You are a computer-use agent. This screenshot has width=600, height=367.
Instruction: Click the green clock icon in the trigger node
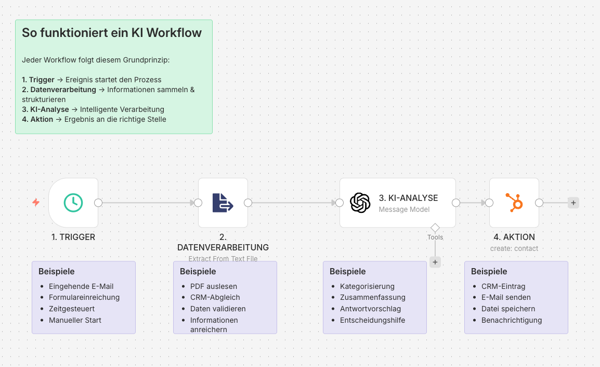point(73,203)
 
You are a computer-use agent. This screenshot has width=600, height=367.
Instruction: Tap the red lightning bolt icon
point(36,203)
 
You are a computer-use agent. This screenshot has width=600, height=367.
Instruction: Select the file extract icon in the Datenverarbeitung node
point(223,203)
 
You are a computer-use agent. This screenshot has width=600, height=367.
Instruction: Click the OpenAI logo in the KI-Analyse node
point(360,203)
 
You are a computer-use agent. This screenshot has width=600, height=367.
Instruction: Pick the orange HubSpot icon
point(514,203)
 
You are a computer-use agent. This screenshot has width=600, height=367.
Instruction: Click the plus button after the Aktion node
point(573,203)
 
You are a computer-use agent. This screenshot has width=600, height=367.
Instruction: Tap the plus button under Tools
point(435,262)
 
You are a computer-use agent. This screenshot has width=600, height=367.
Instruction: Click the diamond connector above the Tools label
point(435,227)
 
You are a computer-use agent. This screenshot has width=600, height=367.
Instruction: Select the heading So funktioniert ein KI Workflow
point(112,33)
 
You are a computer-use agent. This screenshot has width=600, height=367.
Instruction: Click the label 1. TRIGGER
point(73,237)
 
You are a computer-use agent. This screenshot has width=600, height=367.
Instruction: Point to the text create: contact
point(514,248)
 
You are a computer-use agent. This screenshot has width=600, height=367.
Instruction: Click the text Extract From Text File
point(223,258)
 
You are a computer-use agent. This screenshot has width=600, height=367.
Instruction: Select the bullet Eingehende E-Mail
point(81,286)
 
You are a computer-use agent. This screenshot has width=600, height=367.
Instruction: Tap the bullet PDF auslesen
point(214,286)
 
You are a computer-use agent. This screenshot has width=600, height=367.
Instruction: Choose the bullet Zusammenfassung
point(373,297)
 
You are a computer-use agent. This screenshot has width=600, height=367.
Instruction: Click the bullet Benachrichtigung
point(512,320)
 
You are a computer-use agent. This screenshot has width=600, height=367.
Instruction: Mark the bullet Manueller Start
point(75,320)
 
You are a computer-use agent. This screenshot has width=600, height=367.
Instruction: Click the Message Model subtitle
point(404,209)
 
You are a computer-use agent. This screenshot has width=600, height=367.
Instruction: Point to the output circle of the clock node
point(98,203)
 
